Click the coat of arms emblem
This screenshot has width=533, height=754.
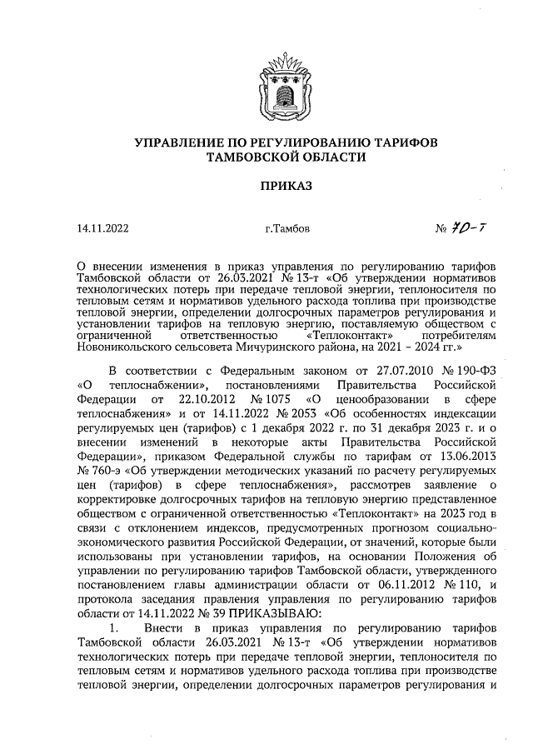279,84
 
